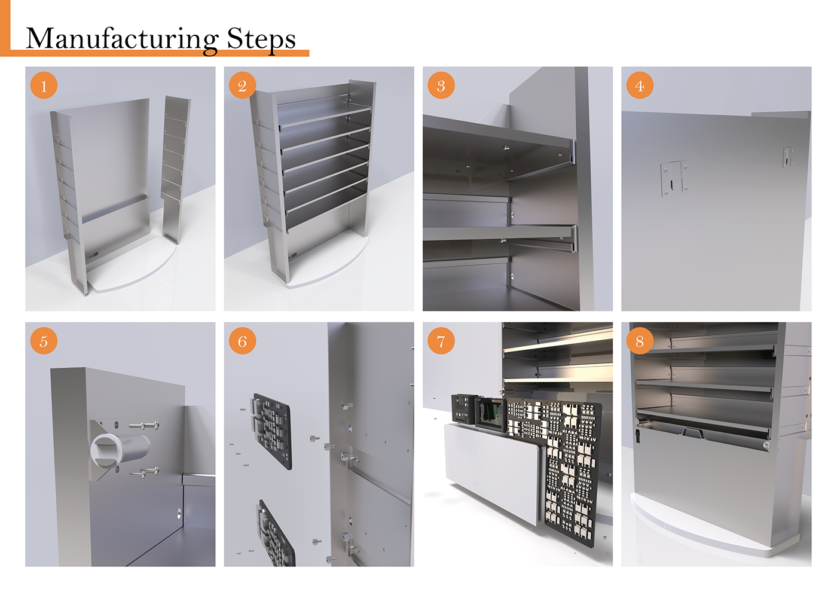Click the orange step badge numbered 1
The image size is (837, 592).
point(44,85)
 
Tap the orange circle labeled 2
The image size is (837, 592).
point(243,85)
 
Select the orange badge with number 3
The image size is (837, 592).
point(441,85)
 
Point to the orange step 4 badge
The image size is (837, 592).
point(640,85)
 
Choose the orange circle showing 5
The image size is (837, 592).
point(44,341)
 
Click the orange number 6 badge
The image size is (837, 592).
point(243,341)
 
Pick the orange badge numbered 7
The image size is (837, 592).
point(441,341)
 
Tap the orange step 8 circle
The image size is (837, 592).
point(640,341)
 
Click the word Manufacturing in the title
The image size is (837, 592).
point(122,39)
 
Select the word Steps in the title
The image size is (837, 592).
point(262,39)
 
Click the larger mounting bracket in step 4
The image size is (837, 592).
point(674,179)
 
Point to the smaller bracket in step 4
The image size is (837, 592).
point(788,157)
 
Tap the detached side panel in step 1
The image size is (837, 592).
point(176,169)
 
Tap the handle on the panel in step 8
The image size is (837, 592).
point(692,433)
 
